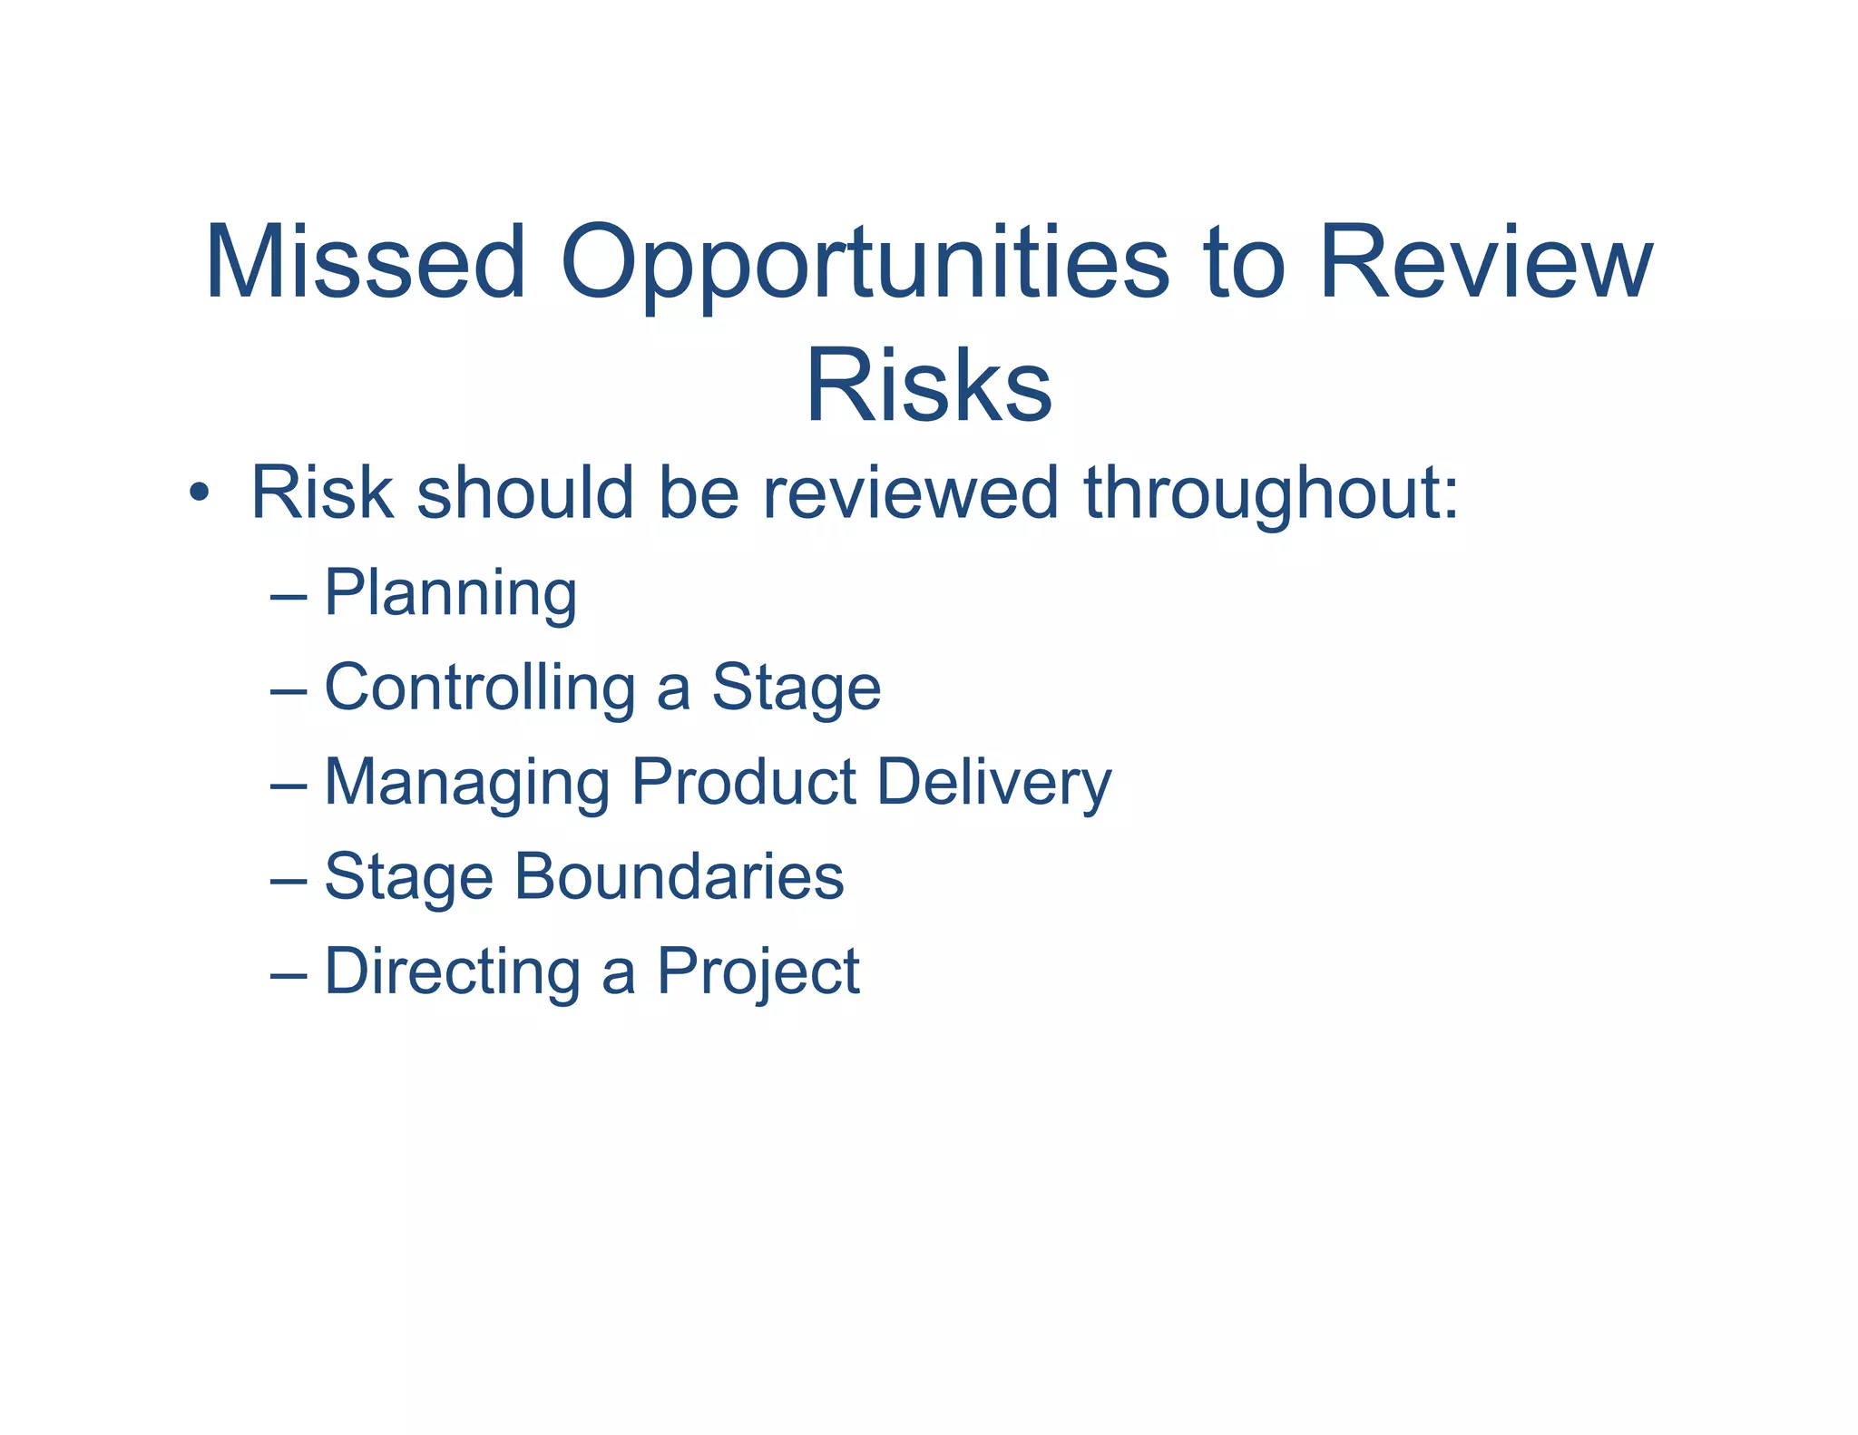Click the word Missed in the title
pyautogui.click(x=365, y=262)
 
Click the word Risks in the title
pyautogui.click(x=928, y=386)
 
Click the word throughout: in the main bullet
pyautogui.click(x=1271, y=494)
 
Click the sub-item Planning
pyautogui.click(x=450, y=595)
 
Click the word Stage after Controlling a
pyautogui.click(x=796, y=689)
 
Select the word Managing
pyautogui.click(x=467, y=784)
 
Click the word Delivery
pyautogui.click(x=994, y=784)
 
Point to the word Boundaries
pyautogui.click(x=680, y=877)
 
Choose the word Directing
pyautogui.click(x=453, y=973)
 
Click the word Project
pyautogui.click(x=758, y=973)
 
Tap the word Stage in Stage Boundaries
pyautogui.click(x=408, y=879)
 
